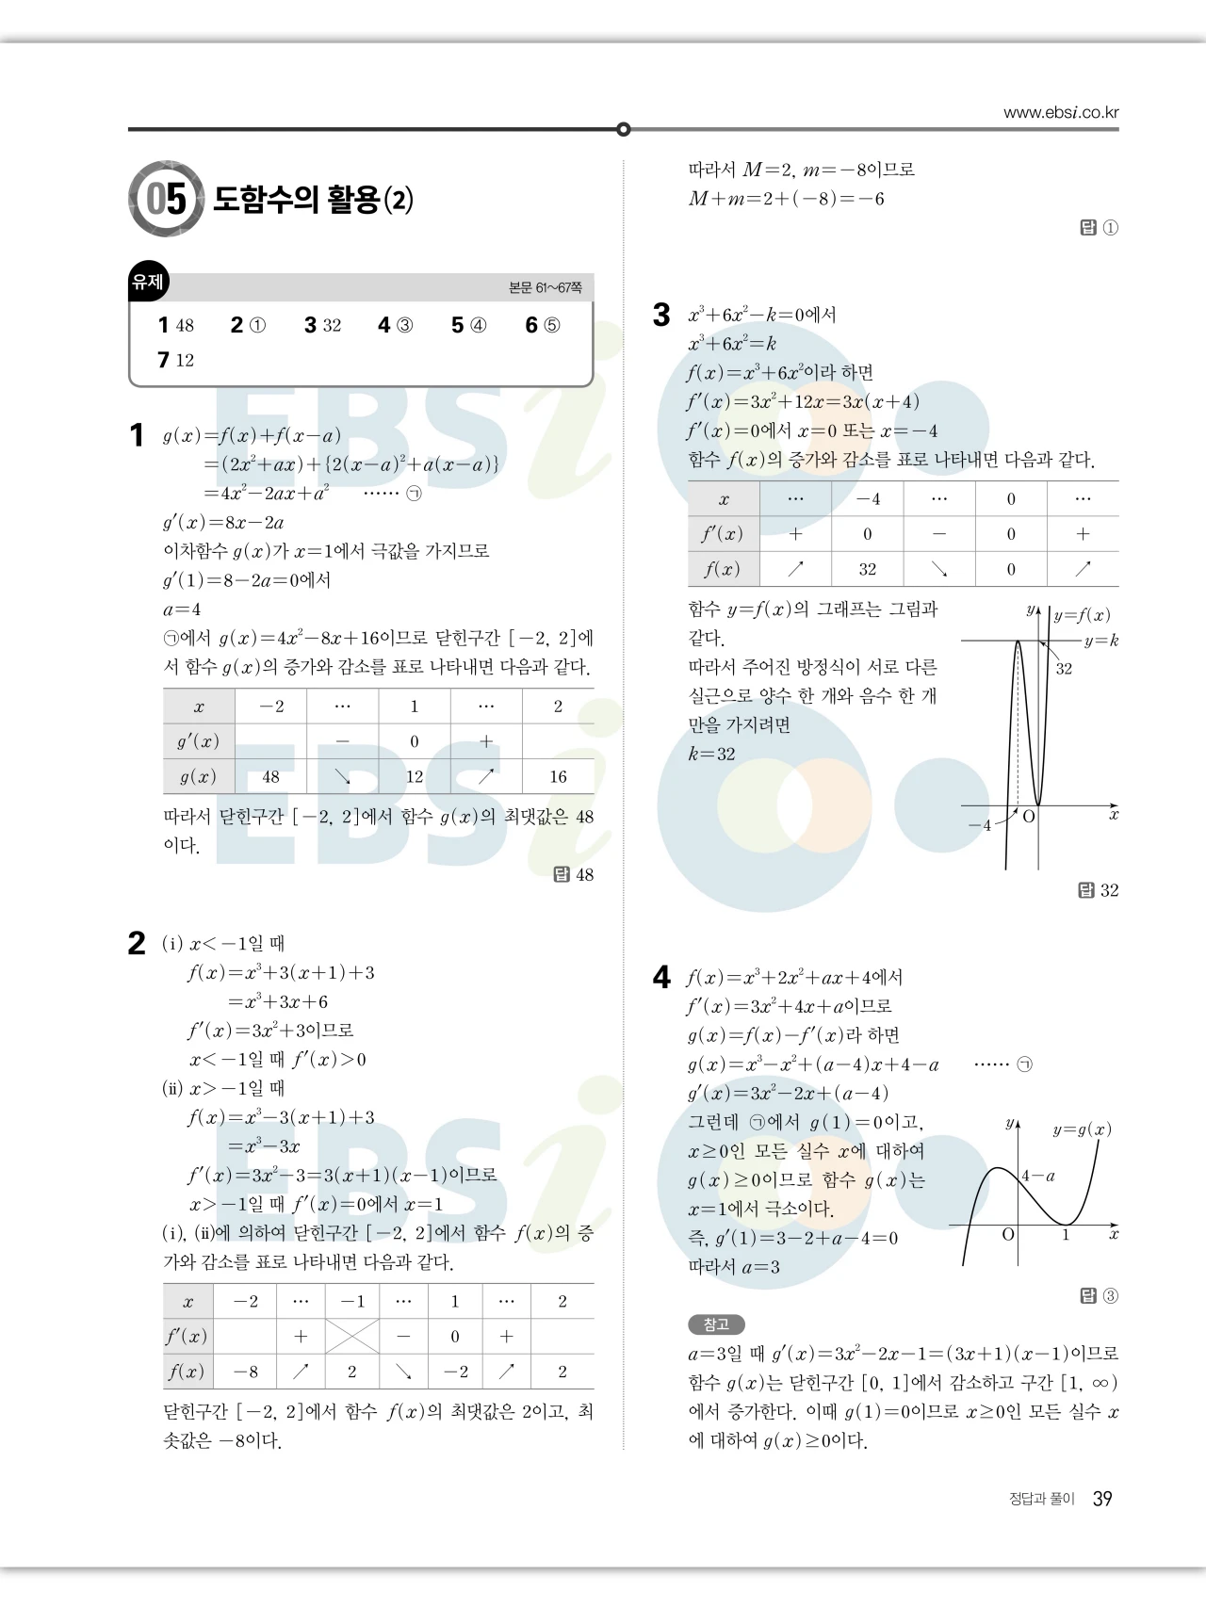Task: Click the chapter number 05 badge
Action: pyautogui.click(x=166, y=199)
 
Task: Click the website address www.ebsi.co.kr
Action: pyautogui.click(x=1061, y=113)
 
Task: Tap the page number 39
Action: pyautogui.click(x=1102, y=1499)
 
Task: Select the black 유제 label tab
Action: pyautogui.click(x=148, y=282)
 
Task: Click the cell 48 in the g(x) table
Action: pyautogui.click(x=270, y=777)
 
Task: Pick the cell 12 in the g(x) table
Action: pyautogui.click(x=415, y=777)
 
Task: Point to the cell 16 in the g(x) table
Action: pyautogui.click(x=558, y=777)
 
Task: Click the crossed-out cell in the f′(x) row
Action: pyautogui.click(x=352, y=1336)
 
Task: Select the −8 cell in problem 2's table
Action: pyautogui.click(x=246, y=1372)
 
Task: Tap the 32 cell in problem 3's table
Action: pyautogui.click(x=868, y=569)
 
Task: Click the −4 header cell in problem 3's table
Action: pyautogui.click(x=868, y=499)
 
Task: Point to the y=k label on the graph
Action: pyautogui.click(x=1100, y=641)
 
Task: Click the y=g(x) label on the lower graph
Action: pyautogui.click(x=1082, y=1129)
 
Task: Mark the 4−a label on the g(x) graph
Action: pyautogui.click(x=1038, y=1176)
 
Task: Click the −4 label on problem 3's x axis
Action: pyautogui.click(x=980, y=825)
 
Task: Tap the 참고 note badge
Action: pyautogui.click(x=716, y=1324)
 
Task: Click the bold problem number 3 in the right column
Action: pyautogui.click(x=661, y=315)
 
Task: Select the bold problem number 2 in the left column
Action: pyautogui.click(x=137, y=944)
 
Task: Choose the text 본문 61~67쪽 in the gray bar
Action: pyautogui.click(x=545, y=287)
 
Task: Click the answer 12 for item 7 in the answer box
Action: pyautogui.click(x=185, y=360)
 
